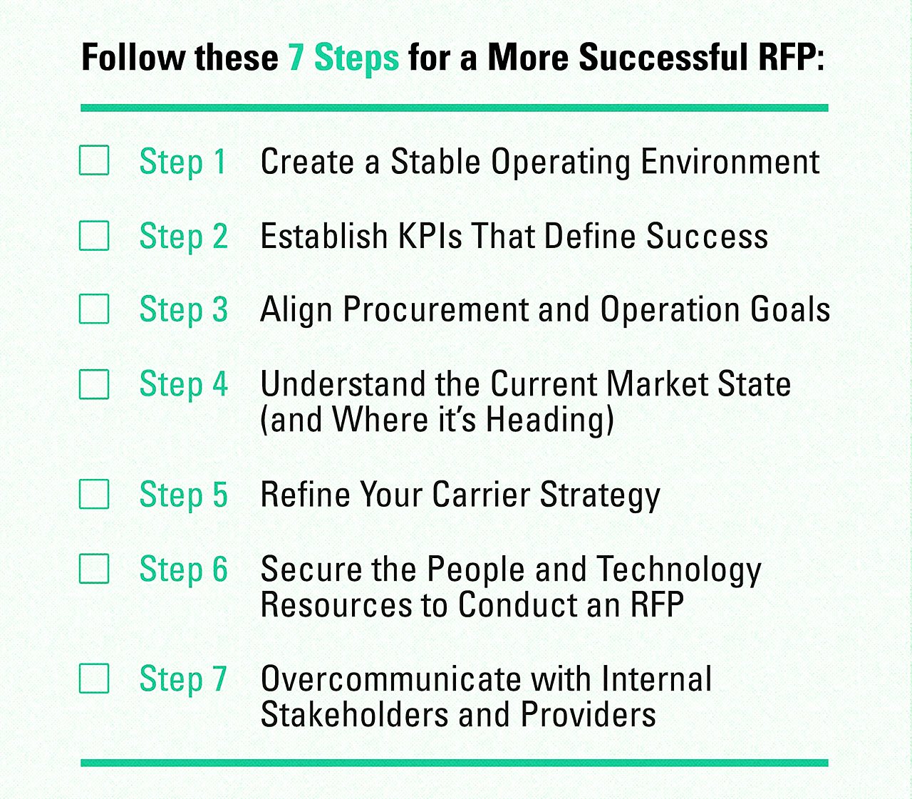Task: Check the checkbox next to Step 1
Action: click(94, 160)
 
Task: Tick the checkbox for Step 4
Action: click(94, 384)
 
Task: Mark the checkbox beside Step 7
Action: click(94, 679)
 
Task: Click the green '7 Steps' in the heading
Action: click(343, 58)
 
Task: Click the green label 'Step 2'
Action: click(183, 236)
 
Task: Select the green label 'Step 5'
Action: click(183, 495)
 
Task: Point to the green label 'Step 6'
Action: click(183, 569)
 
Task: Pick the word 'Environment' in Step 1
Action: click(730, 162)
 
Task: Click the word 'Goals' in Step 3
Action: click(790, 310)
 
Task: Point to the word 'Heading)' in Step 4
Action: click(549, 420)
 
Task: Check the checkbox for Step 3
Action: click(94, 309)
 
